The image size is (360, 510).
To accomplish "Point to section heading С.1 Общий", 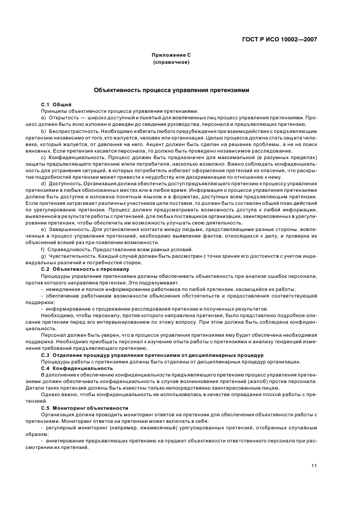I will click(x=57, y=104).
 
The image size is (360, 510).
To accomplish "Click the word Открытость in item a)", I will click(x=63, y=117).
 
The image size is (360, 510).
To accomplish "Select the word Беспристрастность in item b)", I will click(x=72, y=131).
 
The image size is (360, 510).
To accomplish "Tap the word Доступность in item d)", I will click(x=64, y=184).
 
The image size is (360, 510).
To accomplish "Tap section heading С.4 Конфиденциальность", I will click(x=77, y=368).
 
